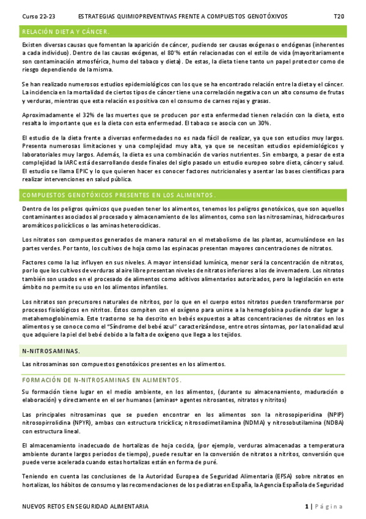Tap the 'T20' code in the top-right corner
click(338, 15)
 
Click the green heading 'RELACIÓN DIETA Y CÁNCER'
click(65, 31)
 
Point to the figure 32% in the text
click(88, 115)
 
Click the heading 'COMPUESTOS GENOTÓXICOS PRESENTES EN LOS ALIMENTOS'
click(118, 195)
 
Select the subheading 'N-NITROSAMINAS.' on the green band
click(51, 351)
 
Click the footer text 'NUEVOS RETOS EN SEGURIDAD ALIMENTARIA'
click(85, 507)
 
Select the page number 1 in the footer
click(307, 507)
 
